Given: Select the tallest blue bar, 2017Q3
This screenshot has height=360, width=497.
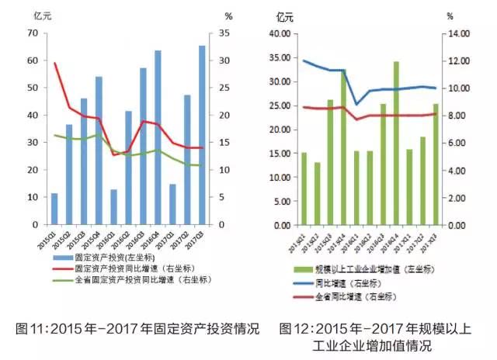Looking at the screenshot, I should point(202,135).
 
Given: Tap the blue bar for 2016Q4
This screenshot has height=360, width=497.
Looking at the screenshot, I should point(158,137).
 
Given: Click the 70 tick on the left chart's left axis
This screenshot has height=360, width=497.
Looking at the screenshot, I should point(32,33).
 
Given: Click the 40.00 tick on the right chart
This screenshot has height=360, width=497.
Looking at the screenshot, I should point(279,33).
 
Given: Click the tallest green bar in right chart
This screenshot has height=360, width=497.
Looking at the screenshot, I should point(396,143).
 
